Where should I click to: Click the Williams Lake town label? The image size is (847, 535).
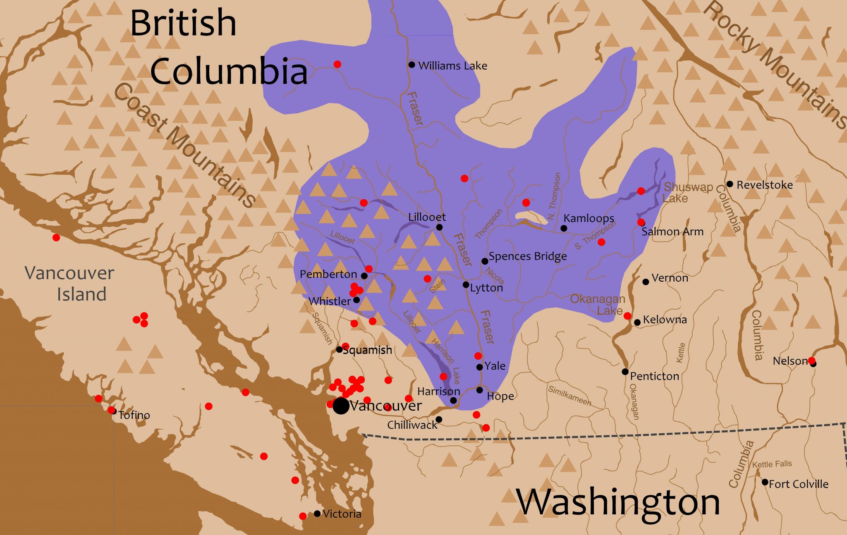tap(452, 66)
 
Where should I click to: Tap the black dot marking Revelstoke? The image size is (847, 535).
tap(730, 184)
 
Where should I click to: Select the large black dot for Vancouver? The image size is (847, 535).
tap(341, 406)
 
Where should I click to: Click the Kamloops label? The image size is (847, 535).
tap(589, 218)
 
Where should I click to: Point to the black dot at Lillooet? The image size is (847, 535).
tap(439, 227)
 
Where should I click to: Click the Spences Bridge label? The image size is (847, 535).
tap(527, 256)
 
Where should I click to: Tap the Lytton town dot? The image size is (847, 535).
tap(466, 285)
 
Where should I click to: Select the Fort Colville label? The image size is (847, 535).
tap(798, 484)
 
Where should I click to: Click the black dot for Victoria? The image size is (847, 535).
tap(317, 514)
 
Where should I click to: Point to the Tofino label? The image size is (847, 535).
tap(134, 415)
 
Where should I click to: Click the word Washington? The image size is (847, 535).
tap(618, 502)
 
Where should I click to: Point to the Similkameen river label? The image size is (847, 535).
tap(569, 396)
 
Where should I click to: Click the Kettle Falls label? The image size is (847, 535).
tap(772, 464)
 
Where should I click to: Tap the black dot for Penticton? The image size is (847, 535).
tap(625, 372)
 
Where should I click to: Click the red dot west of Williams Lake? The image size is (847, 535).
tap(337, 64)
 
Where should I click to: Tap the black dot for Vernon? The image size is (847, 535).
tap(646, 282)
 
